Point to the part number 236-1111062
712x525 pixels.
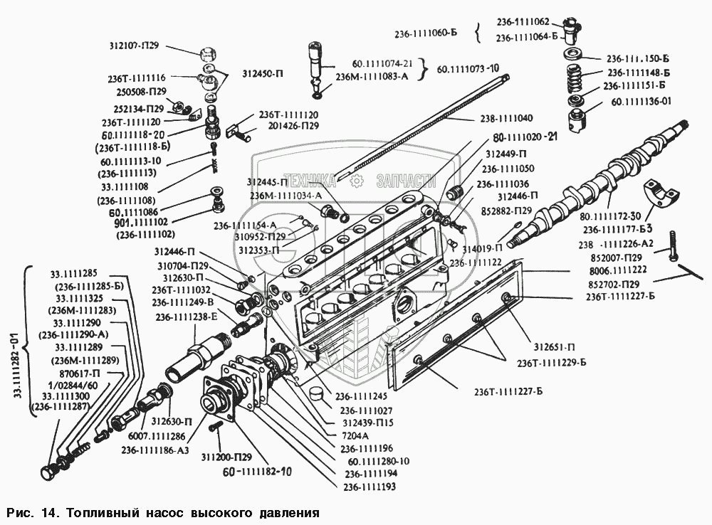[522, 22]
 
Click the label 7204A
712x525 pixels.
[353, 435]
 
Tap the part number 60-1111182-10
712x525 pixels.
[257, 472]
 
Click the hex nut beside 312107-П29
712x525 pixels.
[208, 53]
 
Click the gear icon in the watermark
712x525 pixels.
[357, 180]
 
